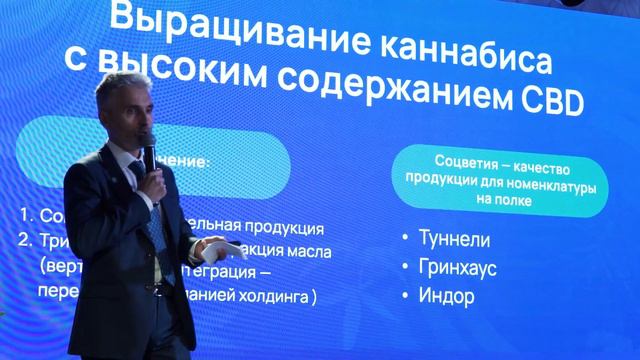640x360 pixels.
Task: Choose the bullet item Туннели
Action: (461, 239)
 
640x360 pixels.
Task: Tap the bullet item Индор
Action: (454, 297)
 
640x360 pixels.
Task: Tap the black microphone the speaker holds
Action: (149, 151)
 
